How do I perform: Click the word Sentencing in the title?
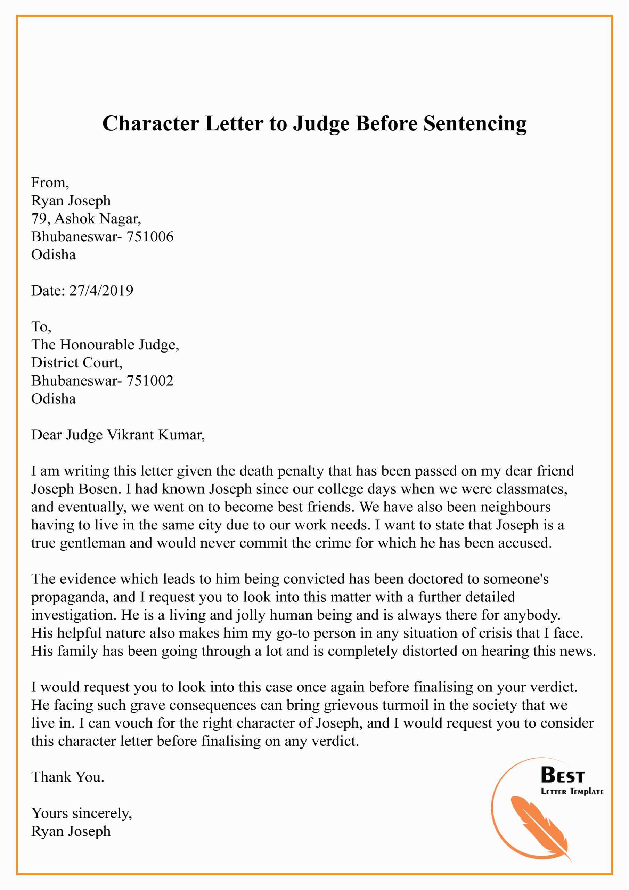475,124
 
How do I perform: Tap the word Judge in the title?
321,124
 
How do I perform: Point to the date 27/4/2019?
101,290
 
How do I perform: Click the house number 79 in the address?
39,219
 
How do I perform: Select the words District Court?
76,363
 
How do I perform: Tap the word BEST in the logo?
562,776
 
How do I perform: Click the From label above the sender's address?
50,183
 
